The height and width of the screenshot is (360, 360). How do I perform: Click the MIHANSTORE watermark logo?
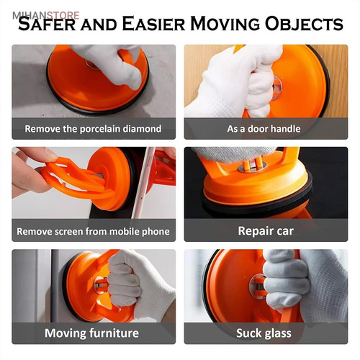tap(45, 16)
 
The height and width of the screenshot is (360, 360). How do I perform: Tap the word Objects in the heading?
tap(304, 24)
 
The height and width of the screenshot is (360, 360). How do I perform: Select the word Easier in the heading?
tap(153, 24)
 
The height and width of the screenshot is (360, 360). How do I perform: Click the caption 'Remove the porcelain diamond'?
tap(93, 129)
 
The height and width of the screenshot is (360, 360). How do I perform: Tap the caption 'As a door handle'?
tap(264, 129)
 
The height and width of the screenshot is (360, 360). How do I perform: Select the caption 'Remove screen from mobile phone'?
tap(93, 232)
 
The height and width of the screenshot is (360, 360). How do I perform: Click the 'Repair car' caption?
tap(266, 231)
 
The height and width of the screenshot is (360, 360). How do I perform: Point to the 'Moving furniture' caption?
tap(91, 333)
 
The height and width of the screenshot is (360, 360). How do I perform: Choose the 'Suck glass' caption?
tap(264, 333)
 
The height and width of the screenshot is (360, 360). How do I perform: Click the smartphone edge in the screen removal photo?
tap(143, 182)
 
